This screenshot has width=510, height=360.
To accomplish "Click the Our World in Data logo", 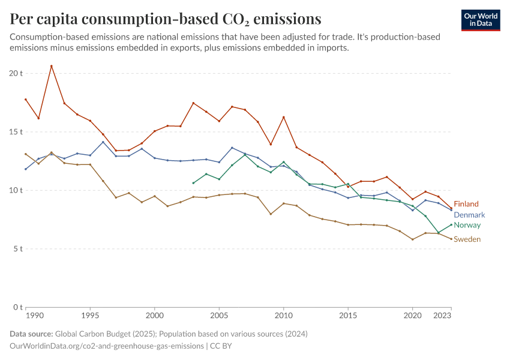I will point(480,20).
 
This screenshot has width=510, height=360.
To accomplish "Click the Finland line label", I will point(466,204).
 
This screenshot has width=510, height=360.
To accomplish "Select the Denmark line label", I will point(469,215).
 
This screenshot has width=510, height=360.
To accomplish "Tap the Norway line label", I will point(467,225).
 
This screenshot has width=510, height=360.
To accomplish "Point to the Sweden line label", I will point(467,239).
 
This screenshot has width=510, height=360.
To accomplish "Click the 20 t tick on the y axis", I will point(16,73).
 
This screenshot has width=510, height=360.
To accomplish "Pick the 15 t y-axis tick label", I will point(16,131).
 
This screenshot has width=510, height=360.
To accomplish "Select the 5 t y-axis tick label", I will point(18,249).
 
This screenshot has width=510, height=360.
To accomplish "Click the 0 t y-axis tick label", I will point(18,307).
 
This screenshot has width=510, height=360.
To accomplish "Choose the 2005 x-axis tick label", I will point(219,315).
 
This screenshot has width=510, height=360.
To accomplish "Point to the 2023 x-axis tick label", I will point(442,315).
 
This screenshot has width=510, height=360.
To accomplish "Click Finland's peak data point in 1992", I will point(52,66).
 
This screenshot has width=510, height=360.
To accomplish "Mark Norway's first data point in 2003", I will point(193,183).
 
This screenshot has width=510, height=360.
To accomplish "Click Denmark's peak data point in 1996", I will point(103,142).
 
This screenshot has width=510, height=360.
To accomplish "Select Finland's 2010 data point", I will point(283,117).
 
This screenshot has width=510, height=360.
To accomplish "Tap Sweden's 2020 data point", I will point(412,239).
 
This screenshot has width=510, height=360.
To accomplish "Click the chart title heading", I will point(166,18).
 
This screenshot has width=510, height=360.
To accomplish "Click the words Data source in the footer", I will point(31,334).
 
